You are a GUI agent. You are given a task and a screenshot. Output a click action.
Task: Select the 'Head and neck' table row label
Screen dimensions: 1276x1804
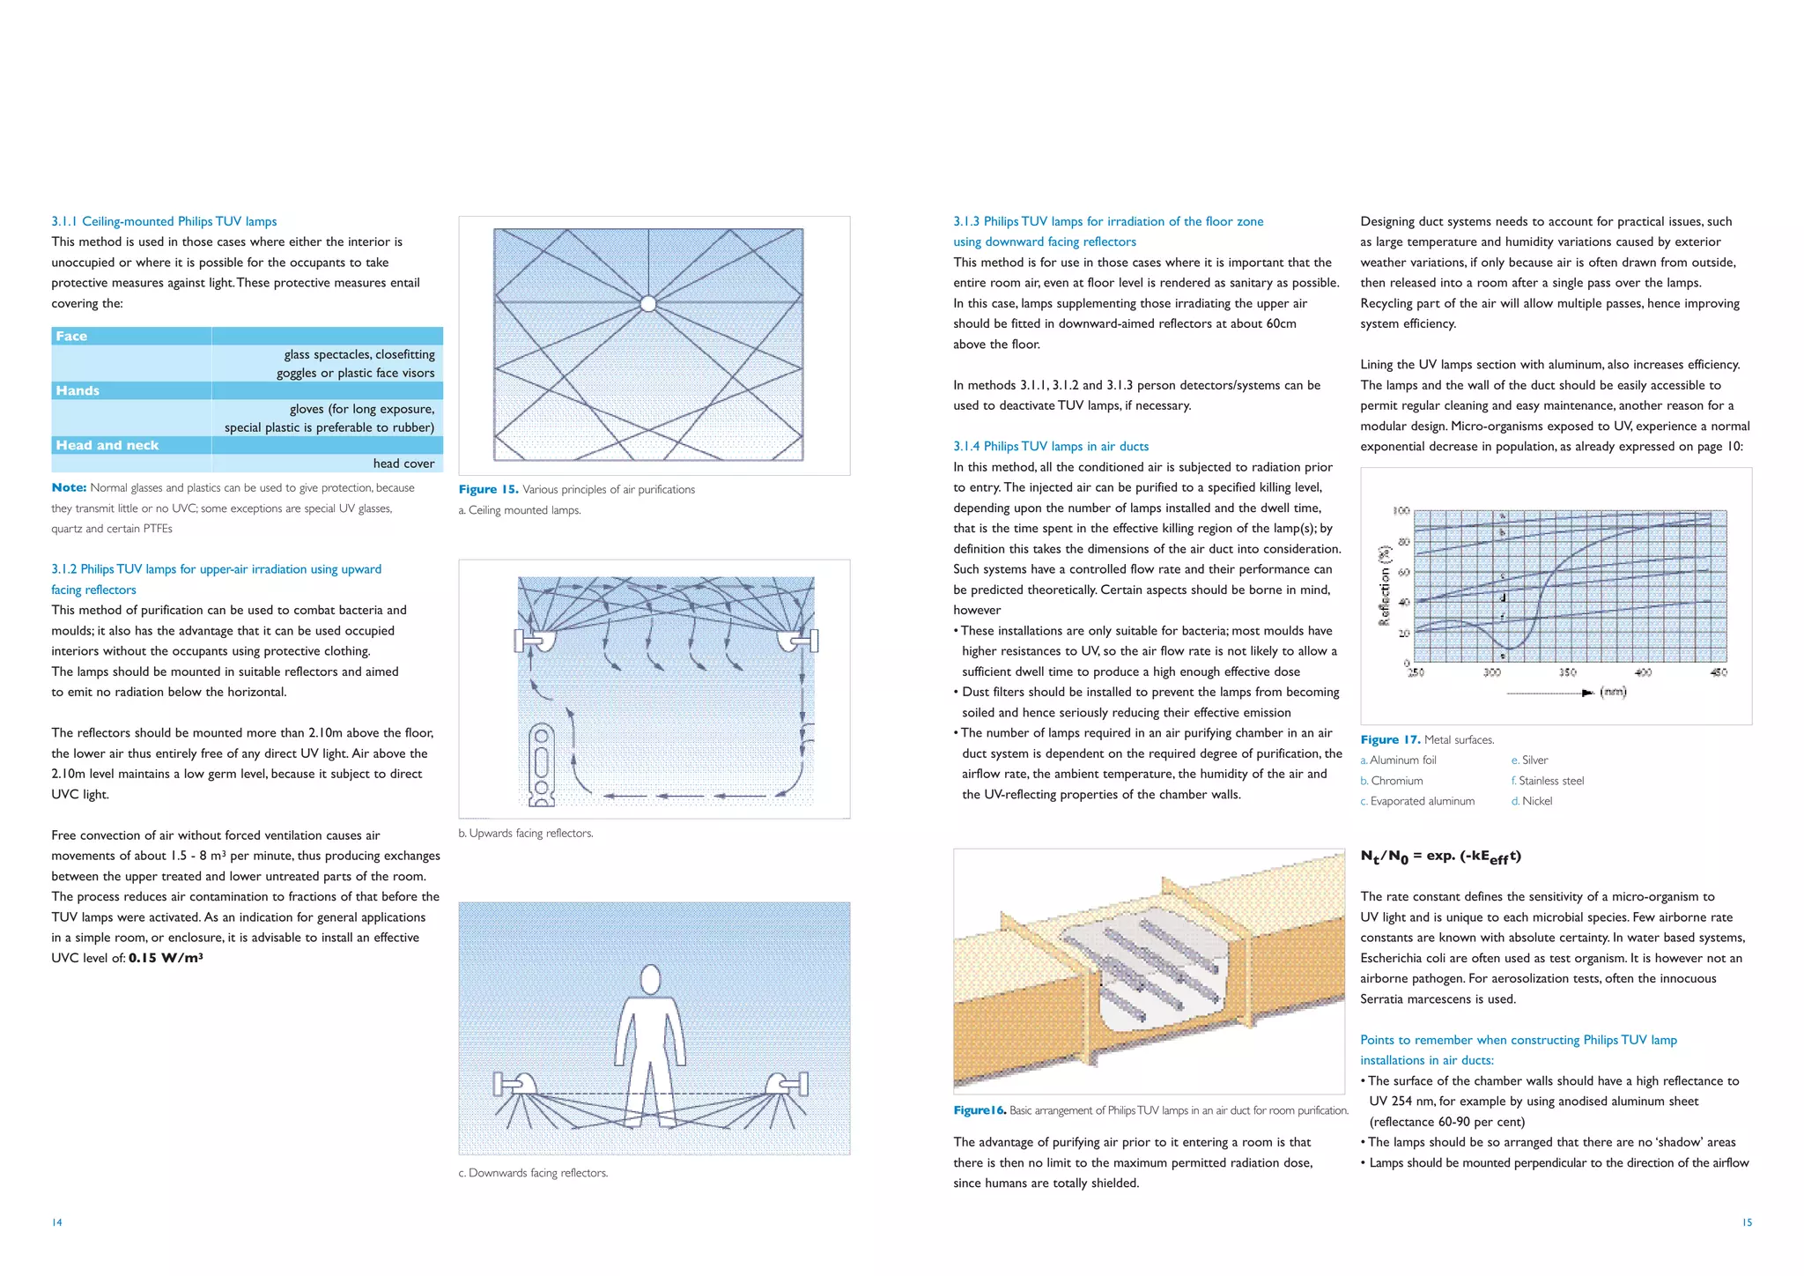tap(107, 445)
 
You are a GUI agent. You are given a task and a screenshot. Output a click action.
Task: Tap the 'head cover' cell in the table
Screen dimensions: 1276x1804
tap(403, 464)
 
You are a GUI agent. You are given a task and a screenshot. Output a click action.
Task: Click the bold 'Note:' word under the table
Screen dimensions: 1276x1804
tap(69, 487)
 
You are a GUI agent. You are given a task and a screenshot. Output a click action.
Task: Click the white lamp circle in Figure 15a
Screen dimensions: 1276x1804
tap(648, 304)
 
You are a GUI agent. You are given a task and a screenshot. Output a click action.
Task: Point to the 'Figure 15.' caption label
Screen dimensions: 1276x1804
tap(488, 489)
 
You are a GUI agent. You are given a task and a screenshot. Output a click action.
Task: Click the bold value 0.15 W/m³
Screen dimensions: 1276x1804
tap(166, 958)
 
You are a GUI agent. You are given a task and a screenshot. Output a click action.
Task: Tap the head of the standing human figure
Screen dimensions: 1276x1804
tap(650, 979)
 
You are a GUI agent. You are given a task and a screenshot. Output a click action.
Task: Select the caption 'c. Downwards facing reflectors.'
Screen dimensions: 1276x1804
tap(533, 1173)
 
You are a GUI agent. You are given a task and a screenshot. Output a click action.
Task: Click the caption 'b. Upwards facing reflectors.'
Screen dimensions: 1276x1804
tap(526, 833)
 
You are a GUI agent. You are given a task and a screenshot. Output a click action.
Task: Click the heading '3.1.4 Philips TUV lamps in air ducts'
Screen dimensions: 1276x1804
tap(1051, 446)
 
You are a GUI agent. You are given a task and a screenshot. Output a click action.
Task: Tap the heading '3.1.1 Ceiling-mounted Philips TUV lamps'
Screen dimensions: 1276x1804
tap(164, 221)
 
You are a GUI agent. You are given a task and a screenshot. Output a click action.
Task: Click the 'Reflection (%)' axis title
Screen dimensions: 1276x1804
tap(1384, 585)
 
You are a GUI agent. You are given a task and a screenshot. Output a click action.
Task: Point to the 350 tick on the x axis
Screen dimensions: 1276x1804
tap(1567, 672)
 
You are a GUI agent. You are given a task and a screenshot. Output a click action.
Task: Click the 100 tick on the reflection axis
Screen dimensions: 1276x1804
tap(1401, 511)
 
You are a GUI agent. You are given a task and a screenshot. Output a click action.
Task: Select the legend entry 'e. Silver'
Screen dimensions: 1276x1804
tap(1529, 760)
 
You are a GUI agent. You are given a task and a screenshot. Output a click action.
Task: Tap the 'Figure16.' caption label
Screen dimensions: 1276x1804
tap(979, 1110)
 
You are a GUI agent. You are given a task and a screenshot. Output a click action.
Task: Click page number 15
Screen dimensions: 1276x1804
tap(1747, 1222)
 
